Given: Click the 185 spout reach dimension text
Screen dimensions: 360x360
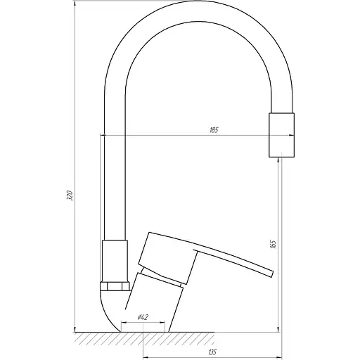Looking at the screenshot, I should coord(214,129).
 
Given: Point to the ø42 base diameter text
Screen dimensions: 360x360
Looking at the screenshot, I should coord(143,317).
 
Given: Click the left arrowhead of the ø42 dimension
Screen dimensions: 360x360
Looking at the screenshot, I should coord(124,323).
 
